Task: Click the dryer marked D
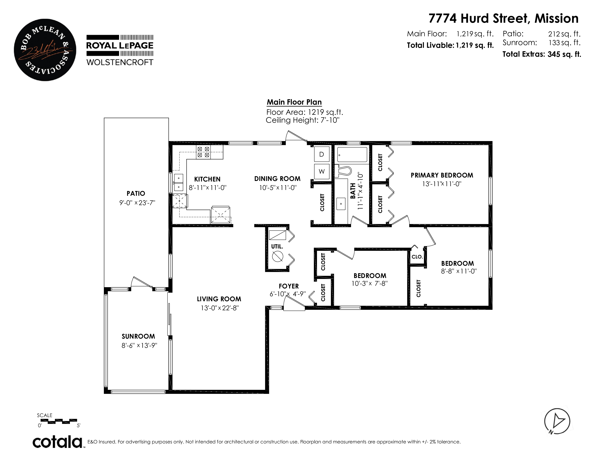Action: pyautogui.click(x=321, y=154)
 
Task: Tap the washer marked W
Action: pyautogui.click(x=321, y=171)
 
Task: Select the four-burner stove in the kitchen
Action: pyautogui.click(x=203, y=152)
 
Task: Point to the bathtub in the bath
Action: pyautogui.click(x=352, y=155)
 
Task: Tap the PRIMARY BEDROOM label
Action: pyautogui.click(x=442, y=175)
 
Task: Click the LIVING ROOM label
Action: pyautogui.click(x=219, y=299)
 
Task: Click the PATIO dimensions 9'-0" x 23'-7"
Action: pyautogui.click(x=137, y=203)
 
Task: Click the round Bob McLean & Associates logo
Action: pyautogui.click(x=45, y=50)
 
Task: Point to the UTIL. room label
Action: pyautogui.click(x=277, y=246)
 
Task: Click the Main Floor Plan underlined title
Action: pyautogui.click(x=294, y=102)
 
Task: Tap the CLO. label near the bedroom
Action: pyautogui.click(x=417, y=257)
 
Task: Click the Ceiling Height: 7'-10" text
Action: pyautogui.click(x=303, y=120)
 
